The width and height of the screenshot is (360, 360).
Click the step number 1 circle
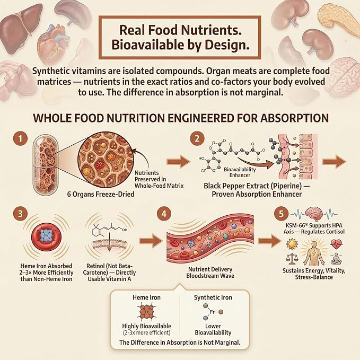pyautogui.click(x=21, y=139)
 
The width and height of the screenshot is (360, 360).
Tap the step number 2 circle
pyautogui.click(x=197, y=138)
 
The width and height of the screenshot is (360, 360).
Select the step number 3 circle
pyautogui.click(x=21, y=213)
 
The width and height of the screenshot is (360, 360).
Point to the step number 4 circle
pyautogui.click(x=164, y=214)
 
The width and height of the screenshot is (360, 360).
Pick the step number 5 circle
pyautogui.click(x=281, y=214)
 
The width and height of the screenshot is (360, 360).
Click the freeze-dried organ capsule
pyautogui.click(x=45, y=165)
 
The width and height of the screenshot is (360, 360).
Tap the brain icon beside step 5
pyautogui.click(x=314, y=214)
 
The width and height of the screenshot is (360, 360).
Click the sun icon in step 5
pyautogui.click(x=292, y=244)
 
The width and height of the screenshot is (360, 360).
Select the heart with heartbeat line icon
pyautogui.click(x=336, y=244)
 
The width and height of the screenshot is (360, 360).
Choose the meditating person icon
pyautogui.click(x=336, y=259)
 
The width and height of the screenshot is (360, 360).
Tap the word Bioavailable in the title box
pyautogui.click(x=147, y=45)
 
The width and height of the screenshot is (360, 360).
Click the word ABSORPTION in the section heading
pyautogui.click(x=294, y=118)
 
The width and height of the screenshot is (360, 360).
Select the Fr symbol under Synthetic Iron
pyautogui.click(x=213, y=312)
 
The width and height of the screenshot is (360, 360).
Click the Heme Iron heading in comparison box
pyautogui.click(x=146, y=297)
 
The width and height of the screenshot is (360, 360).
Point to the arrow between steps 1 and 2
pyautogui.click(x=178, y=162)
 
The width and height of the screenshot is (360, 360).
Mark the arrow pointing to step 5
pyautogui.click(x=269, y=241)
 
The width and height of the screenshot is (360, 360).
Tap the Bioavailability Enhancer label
pyautogui.click(x=240, y=172)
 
